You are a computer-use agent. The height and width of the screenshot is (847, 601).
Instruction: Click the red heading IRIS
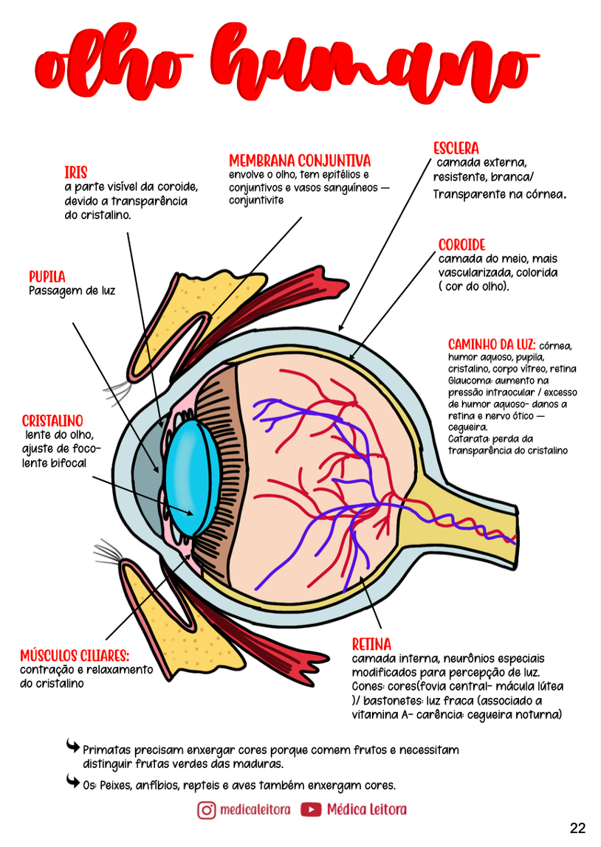point(75,173)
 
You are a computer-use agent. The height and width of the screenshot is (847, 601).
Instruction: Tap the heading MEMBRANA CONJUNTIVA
point(299,160)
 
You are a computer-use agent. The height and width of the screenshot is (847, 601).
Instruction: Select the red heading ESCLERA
point(456,148)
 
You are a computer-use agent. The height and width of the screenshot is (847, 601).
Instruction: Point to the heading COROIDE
point(461,245)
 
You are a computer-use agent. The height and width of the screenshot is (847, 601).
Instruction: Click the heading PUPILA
point(47,277)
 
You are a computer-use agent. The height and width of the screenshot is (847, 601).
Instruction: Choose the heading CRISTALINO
point(52,421)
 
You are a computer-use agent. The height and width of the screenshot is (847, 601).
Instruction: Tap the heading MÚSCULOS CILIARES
point(75,655)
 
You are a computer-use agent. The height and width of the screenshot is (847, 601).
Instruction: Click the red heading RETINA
point(371,644)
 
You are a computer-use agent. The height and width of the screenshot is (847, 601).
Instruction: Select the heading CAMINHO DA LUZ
point(492,345)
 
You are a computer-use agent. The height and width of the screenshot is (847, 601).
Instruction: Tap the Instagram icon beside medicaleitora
point(207,809)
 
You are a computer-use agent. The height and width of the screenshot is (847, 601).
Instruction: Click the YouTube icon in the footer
point(311,809)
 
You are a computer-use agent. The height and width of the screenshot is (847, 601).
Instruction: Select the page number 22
point(577,828)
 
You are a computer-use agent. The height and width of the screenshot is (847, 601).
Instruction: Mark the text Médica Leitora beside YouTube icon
point(366,809)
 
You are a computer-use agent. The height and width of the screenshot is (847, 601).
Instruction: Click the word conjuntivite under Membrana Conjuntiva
point(255,200)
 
